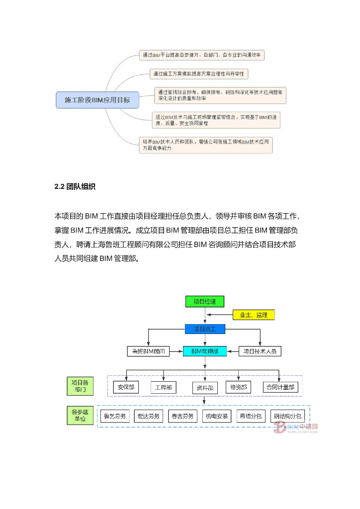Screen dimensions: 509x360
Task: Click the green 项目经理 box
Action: pyautogui.click(x=204, y=301)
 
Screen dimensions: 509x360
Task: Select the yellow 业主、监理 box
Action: pyautogui.click(x=254, y=315)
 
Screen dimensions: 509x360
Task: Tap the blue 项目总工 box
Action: pyautogui.click(x=204, y=329)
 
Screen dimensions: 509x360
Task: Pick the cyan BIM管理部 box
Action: pyautogui.click(x=204, y=351)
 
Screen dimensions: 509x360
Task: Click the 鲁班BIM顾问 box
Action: pyautogui.click(x=148, y=351)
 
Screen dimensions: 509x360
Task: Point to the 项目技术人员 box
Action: pyautogui.click(x=261, y=351)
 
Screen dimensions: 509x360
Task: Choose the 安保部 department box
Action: pyautogui.click(x=126, y=387)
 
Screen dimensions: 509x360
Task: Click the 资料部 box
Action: pyautogui.click(x=204, y=387)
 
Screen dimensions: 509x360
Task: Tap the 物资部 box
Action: pyautogui.click(x=238, y=387)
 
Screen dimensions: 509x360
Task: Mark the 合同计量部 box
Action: pyautogui.click(x=279, y=387)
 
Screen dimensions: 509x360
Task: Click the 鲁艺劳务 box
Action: pyautogui.click(x=114, y=416)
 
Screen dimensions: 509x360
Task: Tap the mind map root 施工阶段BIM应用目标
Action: pyautogui.click(x=97, y=100)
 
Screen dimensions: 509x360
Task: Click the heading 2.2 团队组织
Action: pyautogui.click(x=75, y=187)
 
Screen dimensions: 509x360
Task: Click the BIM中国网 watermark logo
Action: pyautogui.click(x=295, y=428)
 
